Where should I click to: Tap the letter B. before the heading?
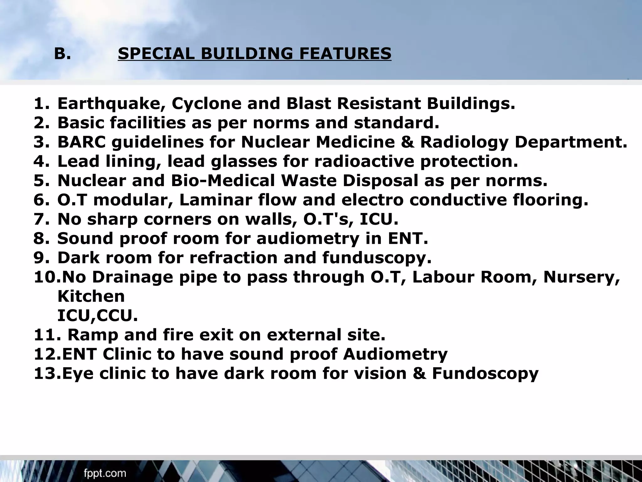click(62, 54)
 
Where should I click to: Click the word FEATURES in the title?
click(345, 53)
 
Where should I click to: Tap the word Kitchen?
click(91, 297)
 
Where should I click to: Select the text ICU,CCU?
click(97, 316)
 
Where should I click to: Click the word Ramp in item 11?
click(93, 335)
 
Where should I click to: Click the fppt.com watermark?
click(105, 473)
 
